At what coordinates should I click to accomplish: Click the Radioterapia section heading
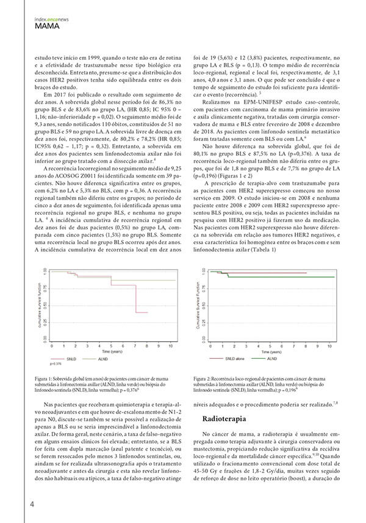[x=229, y=419]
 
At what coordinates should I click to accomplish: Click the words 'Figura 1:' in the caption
[x=46, y=379]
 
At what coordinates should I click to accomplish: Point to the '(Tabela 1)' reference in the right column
[x=264, y=249]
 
